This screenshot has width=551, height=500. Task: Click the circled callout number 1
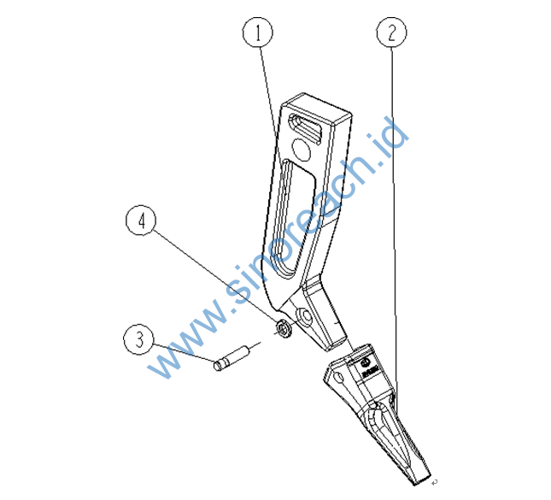(258, 32)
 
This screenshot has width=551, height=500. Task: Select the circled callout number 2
(391, 32)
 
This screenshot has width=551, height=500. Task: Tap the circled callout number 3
(139, 339)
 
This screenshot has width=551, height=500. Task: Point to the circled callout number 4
(141, 221)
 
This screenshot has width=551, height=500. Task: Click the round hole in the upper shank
(302, 149)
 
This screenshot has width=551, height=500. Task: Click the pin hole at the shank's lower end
(304, 316)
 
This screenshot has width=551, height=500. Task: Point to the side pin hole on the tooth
(338, 378)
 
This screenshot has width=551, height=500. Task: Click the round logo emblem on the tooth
(365, 362)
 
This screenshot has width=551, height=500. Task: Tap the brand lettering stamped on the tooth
(371, 371)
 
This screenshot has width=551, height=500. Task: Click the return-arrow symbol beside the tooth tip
(435, 482)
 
